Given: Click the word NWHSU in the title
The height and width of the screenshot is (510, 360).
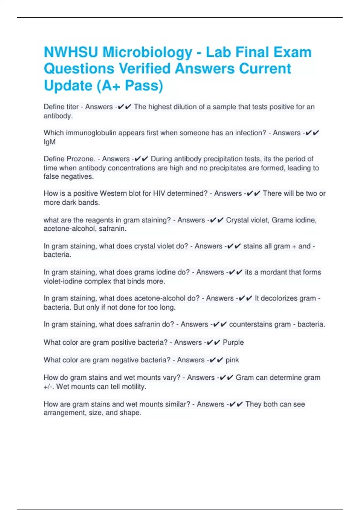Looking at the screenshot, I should (x=71, y=52).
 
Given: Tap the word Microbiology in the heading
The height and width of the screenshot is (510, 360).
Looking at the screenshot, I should (x=147, y=53).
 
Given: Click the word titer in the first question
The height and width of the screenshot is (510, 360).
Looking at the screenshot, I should (x=73, y=107).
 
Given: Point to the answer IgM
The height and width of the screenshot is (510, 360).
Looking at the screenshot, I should (x=49, y=142).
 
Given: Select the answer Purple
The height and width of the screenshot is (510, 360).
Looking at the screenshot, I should (x=233, y=342).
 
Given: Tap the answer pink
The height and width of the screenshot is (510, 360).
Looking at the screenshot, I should (x=232, y=360).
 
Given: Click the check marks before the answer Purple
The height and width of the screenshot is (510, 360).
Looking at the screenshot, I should (x=214, y=342).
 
